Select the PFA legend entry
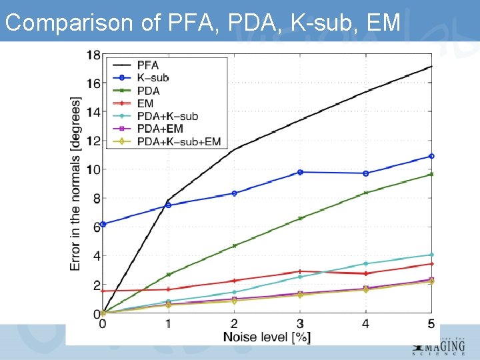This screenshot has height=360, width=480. [x=147, y=65]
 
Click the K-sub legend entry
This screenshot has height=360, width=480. [x=151, y=77]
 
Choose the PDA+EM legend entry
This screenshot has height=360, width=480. [x=159, y=129]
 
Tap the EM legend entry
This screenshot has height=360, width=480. [x=144, y=103]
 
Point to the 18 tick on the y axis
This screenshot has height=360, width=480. [x=93, y=55]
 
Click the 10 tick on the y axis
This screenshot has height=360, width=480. [x=93, y=169]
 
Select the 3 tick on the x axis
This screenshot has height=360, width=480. [x=300, y=324]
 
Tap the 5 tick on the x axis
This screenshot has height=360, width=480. [x=431, y=324]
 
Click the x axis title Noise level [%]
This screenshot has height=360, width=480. [x=267, y=337]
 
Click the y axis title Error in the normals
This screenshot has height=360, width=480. [x=76, y=184]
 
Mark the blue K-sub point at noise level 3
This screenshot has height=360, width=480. [x=300, y=172]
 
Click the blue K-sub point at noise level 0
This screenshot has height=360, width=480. [x=103, y=224]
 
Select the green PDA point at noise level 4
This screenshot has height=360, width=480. [x=365, y=193]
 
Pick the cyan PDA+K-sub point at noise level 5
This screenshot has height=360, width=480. [x=431, y=255]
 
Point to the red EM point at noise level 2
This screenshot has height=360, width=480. [x=234, y=281]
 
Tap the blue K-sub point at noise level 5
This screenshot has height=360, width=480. [x=431, y=156]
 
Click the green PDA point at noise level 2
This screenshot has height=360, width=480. [x=234, y=245]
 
